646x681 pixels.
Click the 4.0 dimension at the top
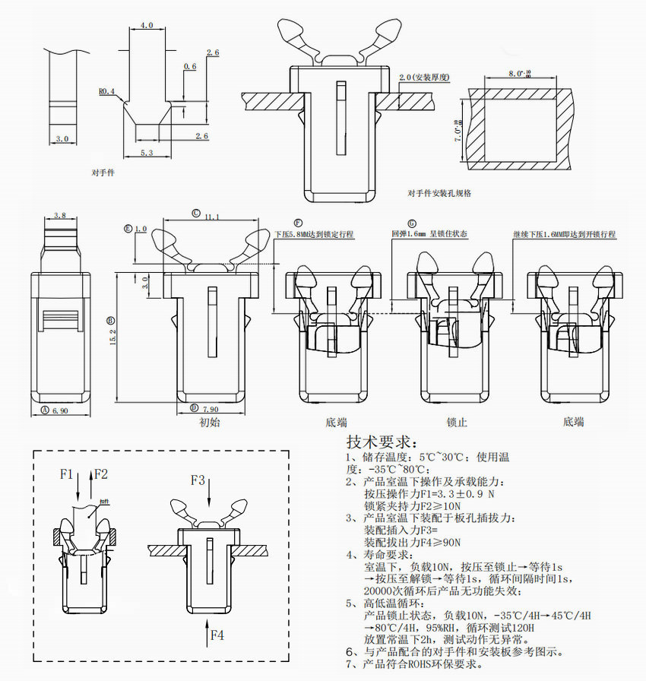click(x=147, y=25)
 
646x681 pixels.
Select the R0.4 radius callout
click(x=106, y=91)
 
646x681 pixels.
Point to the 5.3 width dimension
click(x=147, y=153)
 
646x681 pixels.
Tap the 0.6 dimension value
click(x=190, y=67)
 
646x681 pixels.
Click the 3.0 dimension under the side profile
click(x=62, y=139)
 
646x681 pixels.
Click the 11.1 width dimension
click(x=212, y=217)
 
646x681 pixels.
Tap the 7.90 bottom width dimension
click(x=209, y=409)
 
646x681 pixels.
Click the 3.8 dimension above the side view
click(x=61, y=216)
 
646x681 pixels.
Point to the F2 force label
click(x=100, y=474)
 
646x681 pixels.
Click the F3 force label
click(x=198, y=480)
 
